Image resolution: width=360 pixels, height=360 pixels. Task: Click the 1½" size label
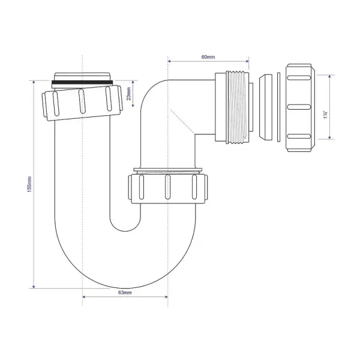click(x=323, y=107)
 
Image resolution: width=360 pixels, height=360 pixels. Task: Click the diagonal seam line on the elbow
click(x=182, y=122)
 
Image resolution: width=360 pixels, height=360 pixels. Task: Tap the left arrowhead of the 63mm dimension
click(x=85, y=296)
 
